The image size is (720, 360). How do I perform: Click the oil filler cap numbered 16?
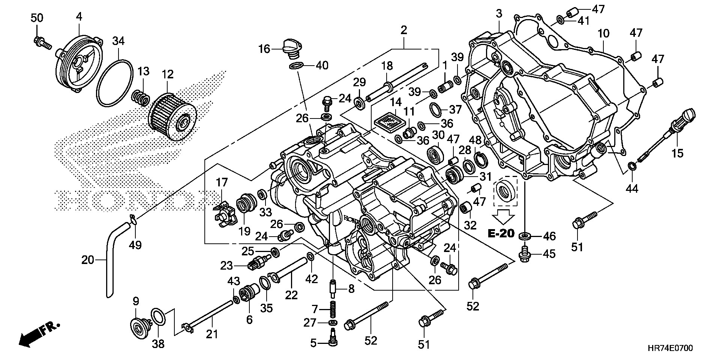(x=289, y=48)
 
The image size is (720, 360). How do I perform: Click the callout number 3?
(x=499, y=14)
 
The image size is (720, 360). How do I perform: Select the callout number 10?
(x=603, y=33)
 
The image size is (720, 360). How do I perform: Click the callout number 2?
(x=403, y=30)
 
